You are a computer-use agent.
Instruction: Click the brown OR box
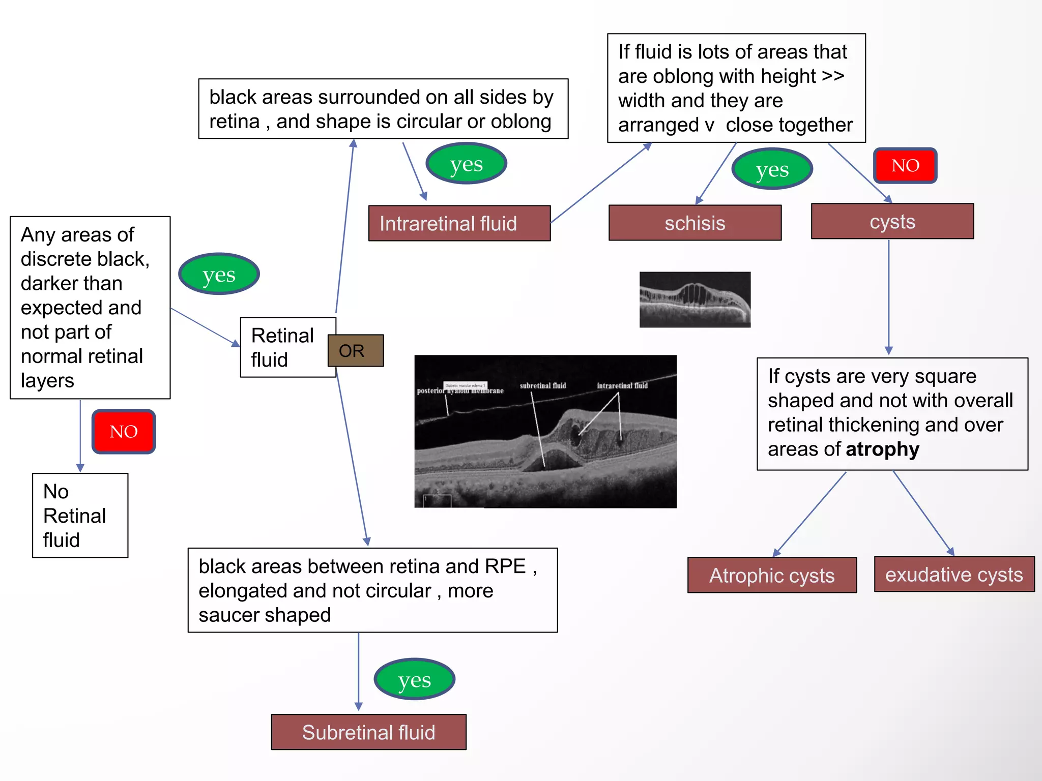tap(356, 350)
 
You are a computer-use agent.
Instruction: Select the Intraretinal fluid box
tap(459, 223)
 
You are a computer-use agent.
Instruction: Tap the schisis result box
tap(694, 223)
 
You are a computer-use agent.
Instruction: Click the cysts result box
tap(892, 221)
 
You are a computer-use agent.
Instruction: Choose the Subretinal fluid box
tap(368, 732)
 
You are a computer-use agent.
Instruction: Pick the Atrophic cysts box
tap(771, 575)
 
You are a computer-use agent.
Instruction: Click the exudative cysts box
tap(953, 574)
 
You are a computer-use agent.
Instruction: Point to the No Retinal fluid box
tap(80, 515)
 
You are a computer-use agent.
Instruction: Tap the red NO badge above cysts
tap(905, 165)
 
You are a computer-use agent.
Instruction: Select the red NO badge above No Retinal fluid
tap(124, 431)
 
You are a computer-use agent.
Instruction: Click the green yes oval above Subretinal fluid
tap(414, 679)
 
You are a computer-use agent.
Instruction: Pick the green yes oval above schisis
tap(772, 169)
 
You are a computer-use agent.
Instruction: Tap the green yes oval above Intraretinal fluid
tap(466, 163)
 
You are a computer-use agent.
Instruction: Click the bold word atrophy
tap(882, 449)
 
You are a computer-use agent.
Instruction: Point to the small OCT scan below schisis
tap(694, 299)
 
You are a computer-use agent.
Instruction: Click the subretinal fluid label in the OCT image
tap(542, 385)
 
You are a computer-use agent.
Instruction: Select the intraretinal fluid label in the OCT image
tap(622, 385)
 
